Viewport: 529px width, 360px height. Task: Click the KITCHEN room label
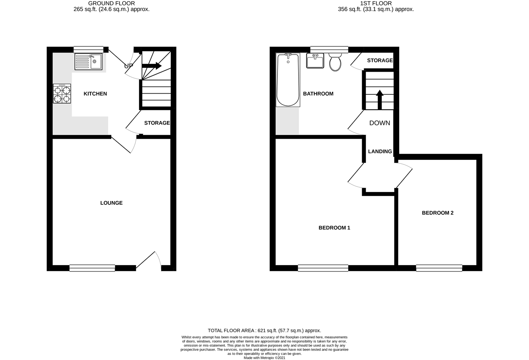(95, 94)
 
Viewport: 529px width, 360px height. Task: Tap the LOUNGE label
(111, 203)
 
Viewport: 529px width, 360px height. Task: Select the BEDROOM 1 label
(334, 228)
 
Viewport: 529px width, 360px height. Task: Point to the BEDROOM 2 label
(437, 213)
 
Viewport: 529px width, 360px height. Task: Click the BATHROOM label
(318, 94)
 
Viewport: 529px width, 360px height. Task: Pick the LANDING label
(380, 152)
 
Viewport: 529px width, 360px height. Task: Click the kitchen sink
(89, 62)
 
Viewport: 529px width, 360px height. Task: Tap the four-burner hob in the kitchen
(62, 94)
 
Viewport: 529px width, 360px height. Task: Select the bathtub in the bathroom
(288, 80)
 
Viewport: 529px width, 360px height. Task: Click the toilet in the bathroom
(335, 62)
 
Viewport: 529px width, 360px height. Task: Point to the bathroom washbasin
(315, 61)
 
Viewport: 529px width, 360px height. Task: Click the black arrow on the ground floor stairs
(152, 66)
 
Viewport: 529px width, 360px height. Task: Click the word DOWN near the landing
(380, 123)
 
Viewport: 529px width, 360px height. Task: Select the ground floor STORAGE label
(157, 123)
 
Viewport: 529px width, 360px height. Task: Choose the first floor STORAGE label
(380, 60)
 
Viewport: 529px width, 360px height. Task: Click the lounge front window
(92, 268)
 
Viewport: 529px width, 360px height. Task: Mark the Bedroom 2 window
(439, 268)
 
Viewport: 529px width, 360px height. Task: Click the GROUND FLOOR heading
(111, 4)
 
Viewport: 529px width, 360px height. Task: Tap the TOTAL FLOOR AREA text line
(264, 331)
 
